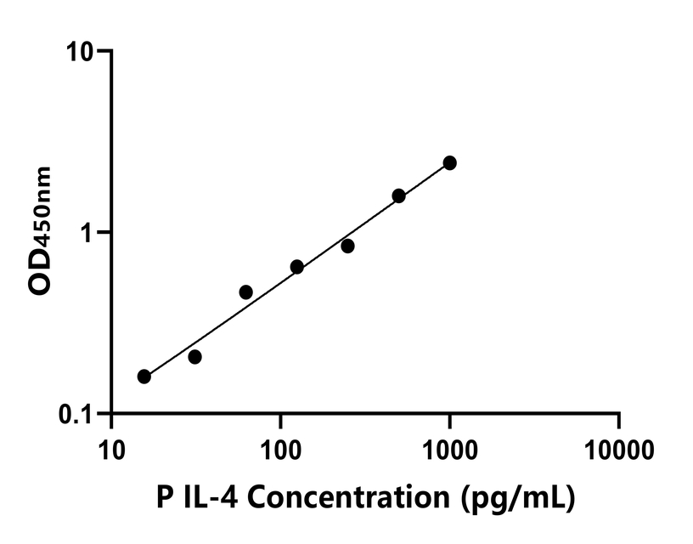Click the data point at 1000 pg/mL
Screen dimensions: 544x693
pyautogui.click(x=449, y=162)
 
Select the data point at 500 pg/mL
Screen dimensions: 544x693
pyautogui.click(x=398, y=195)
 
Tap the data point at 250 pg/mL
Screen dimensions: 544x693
pyautogui.click(x=347, y=246)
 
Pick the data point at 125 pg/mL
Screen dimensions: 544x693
pyautogui.click(x=296, y=267)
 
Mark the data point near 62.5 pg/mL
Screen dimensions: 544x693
pyautogui.click(x=245, y=292)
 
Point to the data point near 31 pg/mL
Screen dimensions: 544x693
pyautogui.click(x=194, y=357)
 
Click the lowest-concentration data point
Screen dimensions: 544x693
pyautogui.click(x=144, y=377)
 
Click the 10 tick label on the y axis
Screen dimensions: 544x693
pyautogui.click(x=82, y=51)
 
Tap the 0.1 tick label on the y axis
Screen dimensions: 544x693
pyautogui.click(x=77, y=414)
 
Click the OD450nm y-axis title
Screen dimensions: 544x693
pyautogui.click(x=40, y=231)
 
